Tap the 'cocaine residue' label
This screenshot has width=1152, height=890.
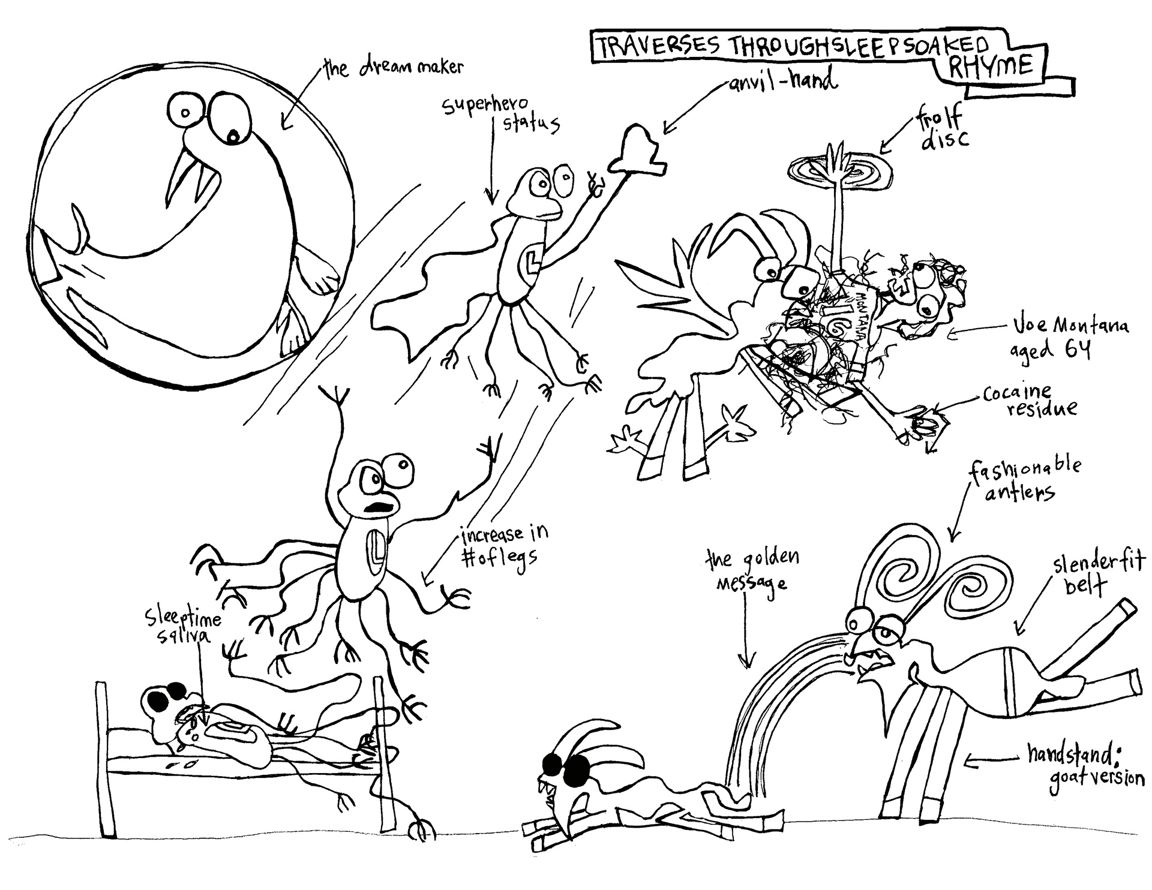[1028, 399]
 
